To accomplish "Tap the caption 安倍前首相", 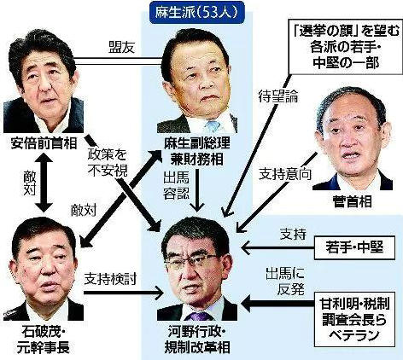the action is [x=44, y=144].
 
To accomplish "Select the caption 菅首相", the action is [x=353, y=201].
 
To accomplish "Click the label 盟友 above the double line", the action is [x=121, y=48].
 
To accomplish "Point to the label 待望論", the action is [x=278, y=96].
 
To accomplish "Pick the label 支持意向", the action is [x=285, y=174].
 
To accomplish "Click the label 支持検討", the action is [x=110, y=279].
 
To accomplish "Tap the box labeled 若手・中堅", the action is [x=354, y=247].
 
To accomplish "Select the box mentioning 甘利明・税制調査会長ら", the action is [x=354, y=319].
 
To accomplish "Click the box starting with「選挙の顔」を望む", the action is [x=346, y=47].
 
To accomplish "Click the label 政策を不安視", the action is [x=108, y=163].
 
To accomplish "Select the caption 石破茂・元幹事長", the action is [x=43, y=340].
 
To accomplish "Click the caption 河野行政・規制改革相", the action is [x=196, y=340].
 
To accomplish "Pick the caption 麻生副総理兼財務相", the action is [x=196, y=152].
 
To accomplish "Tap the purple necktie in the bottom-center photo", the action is [x=198, y=316].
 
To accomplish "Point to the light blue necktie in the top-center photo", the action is [x=212, y=126].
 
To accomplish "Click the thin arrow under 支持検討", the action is [x=123, y=293].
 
